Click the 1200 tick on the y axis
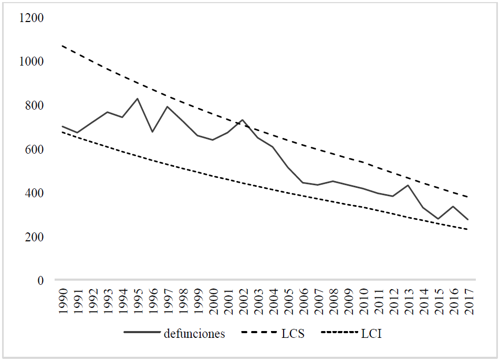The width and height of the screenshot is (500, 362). [32, 18]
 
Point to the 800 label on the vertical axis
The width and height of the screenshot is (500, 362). [35, 105]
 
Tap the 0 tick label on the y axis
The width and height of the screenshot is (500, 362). [41, 281]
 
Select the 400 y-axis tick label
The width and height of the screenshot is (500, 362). [35, 193]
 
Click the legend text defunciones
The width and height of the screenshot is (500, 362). [194, 334]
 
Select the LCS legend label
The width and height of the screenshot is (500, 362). [293, 334]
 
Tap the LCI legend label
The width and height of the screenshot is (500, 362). [371, 334]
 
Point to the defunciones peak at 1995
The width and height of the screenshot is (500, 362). [138, 99]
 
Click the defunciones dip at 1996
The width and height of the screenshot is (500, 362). [152, 132]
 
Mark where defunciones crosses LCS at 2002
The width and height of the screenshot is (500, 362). [243, 121]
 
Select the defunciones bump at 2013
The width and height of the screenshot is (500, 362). [408, 185]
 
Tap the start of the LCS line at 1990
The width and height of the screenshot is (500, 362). [63, 46]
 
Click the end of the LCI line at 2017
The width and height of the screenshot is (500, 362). [467, 229]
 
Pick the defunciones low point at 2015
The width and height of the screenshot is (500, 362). [437, 219]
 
